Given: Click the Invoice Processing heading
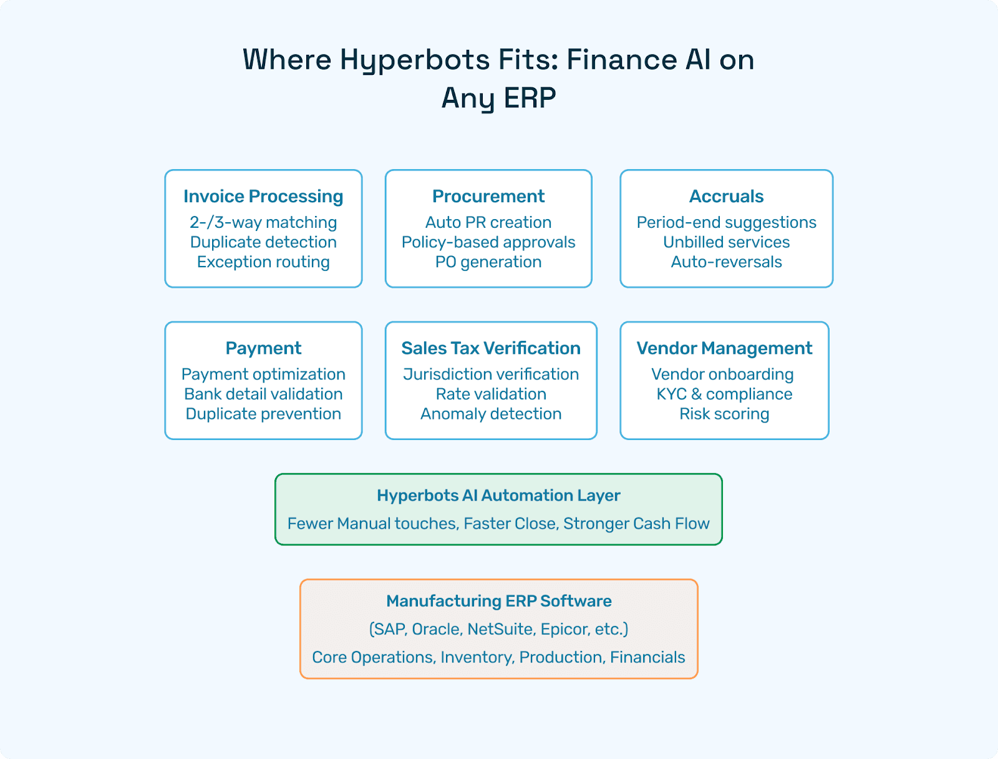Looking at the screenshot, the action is coord(263,197).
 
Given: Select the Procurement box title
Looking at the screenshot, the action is coord(488,197).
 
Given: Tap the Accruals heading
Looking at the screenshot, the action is coord(726,197).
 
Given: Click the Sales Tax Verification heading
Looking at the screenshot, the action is coord(491,348).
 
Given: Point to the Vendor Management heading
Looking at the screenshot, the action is coord(724,348).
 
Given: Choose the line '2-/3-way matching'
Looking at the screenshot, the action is coord(263,223).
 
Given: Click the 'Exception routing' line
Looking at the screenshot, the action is coord(263,262).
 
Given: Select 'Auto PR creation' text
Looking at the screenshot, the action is coord(488,223).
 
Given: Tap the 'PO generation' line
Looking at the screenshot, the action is coord(488,262).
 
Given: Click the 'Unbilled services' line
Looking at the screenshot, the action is coord(726,242).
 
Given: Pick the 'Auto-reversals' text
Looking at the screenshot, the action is coord(726,262).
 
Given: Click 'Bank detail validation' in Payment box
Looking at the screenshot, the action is coord(263,394).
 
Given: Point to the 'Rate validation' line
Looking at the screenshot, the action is coord(491,394).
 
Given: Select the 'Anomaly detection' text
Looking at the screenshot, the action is coord(491,414).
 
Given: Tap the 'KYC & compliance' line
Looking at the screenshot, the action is coord(724,394).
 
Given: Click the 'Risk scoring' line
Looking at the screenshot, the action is coord(724,414).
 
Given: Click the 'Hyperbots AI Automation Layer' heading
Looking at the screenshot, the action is coord(498,496).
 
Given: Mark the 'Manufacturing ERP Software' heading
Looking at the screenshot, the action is coord(498,601).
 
